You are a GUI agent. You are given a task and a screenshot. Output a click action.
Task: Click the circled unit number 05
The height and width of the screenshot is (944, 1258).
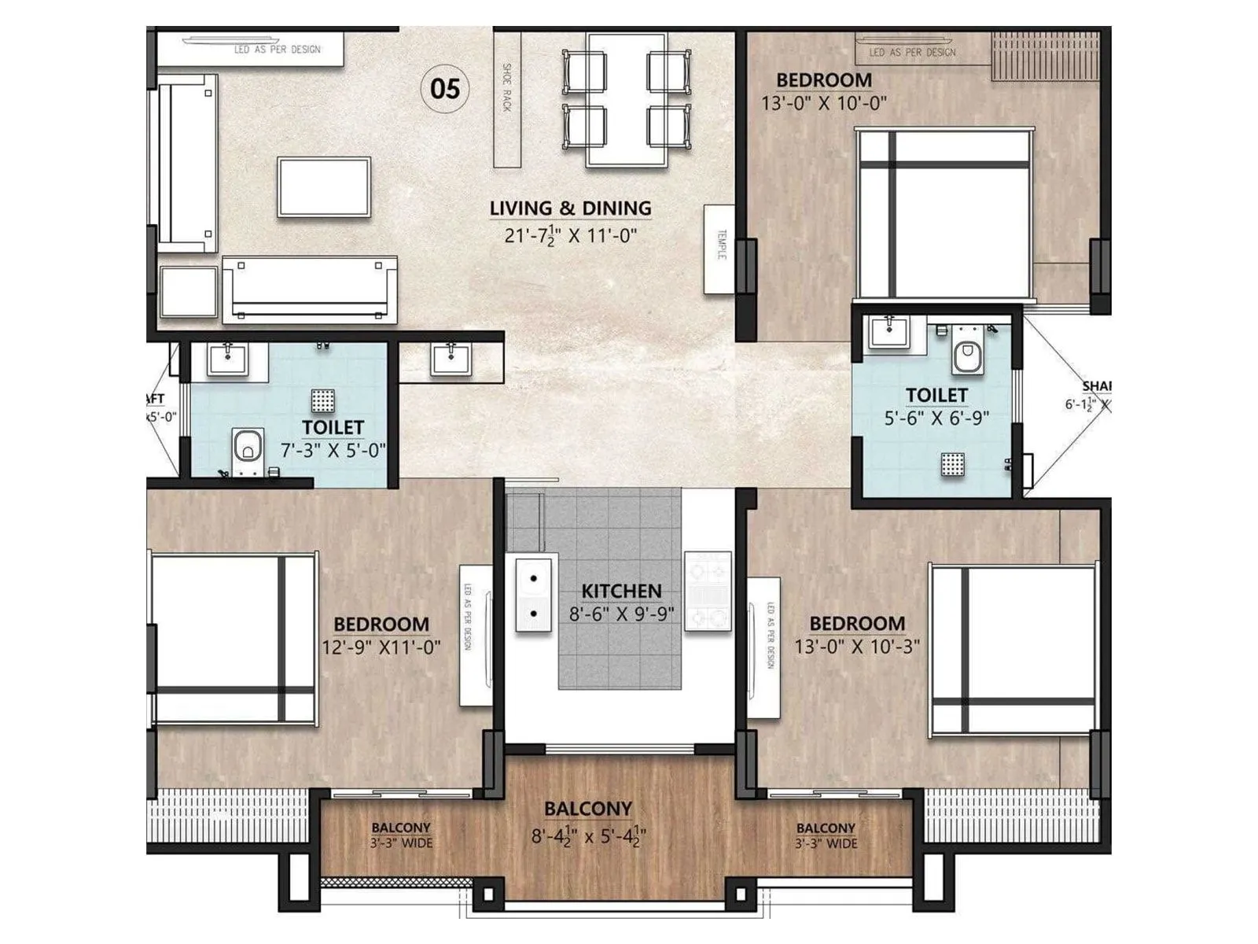point(445,88)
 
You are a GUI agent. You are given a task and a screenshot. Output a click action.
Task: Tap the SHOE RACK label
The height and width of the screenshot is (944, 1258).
point(507,87)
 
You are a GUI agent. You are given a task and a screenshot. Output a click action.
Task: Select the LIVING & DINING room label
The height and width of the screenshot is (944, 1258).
point(570,208)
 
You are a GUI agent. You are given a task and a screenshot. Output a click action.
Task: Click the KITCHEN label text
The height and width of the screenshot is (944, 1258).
point(621,591)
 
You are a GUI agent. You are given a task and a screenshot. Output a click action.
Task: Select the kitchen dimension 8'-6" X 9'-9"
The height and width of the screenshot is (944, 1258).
point(621,614)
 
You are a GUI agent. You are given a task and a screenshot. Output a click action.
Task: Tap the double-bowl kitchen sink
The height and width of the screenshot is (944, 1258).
point(533,595)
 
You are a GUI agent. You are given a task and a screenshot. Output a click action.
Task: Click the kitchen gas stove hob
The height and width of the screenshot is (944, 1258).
point(708,591)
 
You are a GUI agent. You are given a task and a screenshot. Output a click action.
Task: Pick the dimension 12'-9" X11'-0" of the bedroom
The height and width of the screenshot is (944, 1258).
point(381,647)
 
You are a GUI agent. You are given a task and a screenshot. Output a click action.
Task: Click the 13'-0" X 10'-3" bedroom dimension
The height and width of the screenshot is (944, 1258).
point(857,647)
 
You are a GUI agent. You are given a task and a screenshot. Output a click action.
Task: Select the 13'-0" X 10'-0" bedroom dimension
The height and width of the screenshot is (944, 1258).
point(823,103)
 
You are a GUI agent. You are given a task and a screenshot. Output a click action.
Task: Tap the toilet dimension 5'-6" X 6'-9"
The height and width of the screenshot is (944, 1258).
point(936,418)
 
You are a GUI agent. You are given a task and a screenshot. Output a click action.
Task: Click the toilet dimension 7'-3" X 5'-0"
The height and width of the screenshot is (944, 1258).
point(333,451)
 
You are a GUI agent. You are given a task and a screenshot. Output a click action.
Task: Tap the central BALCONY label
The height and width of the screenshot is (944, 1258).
point(588,809)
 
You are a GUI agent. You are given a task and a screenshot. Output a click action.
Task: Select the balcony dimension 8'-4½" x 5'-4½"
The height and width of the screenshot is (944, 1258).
point(588,835)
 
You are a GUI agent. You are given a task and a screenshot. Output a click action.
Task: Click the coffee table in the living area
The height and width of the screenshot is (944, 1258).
point(323,187)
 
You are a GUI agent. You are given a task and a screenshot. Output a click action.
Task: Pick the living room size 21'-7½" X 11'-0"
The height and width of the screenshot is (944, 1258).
point(570,234)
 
